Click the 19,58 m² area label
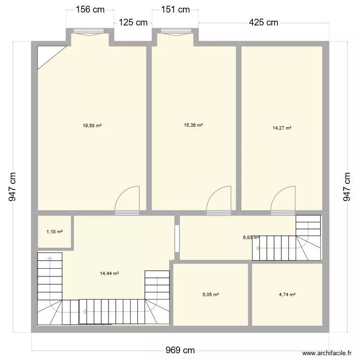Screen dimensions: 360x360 click(92, 126)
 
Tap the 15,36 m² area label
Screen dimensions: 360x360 click(193, 125)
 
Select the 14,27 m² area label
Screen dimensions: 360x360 click(282, 128)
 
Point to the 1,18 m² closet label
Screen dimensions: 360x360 click(54, 232)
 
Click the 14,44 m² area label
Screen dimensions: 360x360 click(109, 274)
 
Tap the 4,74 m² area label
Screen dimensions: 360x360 click(287, 295)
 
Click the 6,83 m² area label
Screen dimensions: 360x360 click(251, 237)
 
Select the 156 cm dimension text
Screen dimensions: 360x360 click(90, 9)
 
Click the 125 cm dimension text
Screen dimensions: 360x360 click(133, 23)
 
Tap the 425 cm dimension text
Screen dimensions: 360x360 click(263, 23)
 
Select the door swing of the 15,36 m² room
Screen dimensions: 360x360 click(220, 198)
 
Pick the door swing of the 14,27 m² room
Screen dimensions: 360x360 click(284, 198)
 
